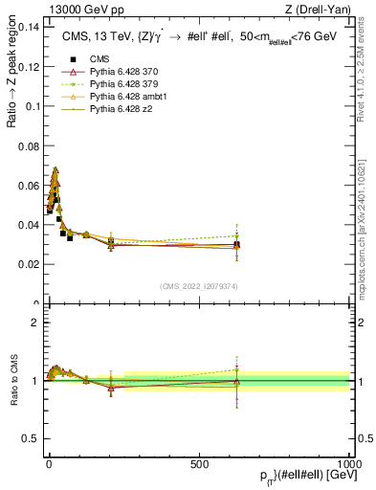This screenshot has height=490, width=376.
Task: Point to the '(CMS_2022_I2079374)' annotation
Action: click(199, 285)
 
